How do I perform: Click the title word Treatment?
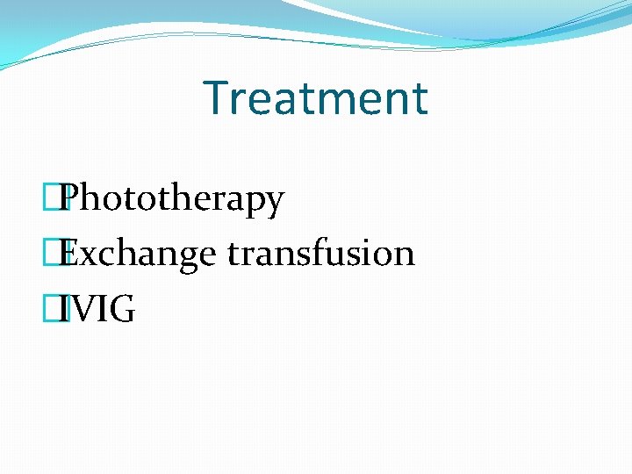click(x=315, y=97)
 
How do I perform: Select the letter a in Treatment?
click(x=283, y=102)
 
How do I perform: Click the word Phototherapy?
click(x=174, y=199)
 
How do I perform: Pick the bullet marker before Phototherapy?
click(x=58, y=199)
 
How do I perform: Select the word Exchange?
click(x=140, y=254)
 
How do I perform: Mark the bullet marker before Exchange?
click(x=58, y=254)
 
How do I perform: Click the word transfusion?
click(x=320, y=254)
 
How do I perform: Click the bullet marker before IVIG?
click(x=58, y=309)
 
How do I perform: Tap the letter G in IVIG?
click(x=122, y=309)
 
